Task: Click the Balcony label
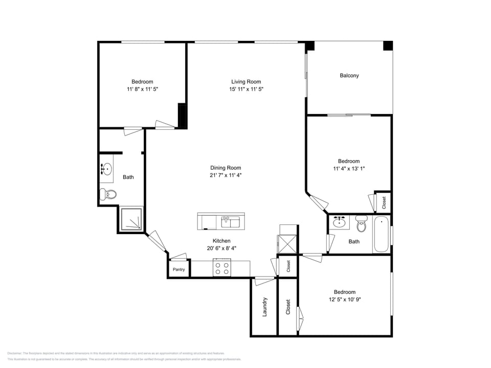tap(349, 76)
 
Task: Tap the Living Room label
tap(246, 82)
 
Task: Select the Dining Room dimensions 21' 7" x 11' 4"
tap(226, 175)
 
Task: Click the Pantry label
tap(178, 269)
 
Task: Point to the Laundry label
tap(264, 307)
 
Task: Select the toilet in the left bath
tap(108, 194)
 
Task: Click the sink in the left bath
tap(106, 169)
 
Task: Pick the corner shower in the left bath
tap(131, 219)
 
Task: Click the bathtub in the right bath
tap(381, 235)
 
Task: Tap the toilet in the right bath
tap(362, 223)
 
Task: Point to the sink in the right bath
tap(338, 222)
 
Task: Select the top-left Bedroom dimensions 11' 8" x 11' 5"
tap(142, 89)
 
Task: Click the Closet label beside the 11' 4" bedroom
tap(384, 203)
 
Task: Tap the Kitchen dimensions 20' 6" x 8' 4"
tap(221, 248)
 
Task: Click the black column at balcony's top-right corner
tap(388, 45)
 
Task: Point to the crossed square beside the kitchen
tap(287, 243)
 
